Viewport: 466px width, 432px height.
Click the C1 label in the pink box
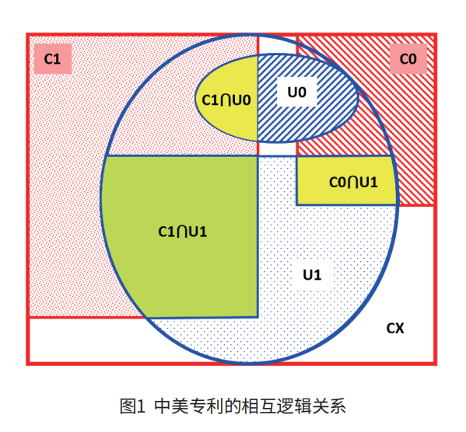pos(52,59)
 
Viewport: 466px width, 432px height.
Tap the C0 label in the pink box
pos(408,59)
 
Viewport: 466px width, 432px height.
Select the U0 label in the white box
pos(296,92)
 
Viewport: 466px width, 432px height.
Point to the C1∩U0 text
pos(226,100)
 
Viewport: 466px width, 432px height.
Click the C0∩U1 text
pos(353,182)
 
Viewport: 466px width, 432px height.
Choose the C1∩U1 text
pos(183,232)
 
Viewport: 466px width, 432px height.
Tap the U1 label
pos(312,274)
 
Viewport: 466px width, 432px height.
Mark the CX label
pos(395,328)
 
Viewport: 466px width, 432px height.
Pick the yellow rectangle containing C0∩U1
pos(346,180)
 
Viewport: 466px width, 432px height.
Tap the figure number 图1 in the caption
pos(132,406)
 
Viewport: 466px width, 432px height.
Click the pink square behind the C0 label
pos(408,59)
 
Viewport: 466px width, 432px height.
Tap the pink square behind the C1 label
pos(53,59)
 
